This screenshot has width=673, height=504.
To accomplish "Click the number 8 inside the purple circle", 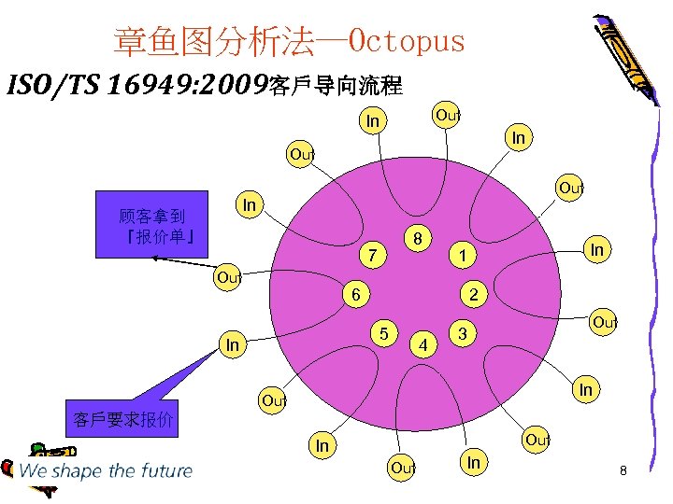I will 422,239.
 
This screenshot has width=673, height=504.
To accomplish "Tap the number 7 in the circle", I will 372,254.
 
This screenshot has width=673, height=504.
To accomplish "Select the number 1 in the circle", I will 461,255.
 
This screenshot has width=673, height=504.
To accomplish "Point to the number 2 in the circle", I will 474,294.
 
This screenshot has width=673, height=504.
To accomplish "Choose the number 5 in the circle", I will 384,332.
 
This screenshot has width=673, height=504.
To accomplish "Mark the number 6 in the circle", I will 356,293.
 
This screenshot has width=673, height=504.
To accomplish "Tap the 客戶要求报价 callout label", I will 123,419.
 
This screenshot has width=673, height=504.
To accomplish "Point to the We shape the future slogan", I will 105,470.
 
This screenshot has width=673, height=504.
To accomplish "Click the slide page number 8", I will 623,471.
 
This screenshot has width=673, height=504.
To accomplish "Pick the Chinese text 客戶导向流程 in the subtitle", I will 335,87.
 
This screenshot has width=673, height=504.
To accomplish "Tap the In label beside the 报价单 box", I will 250,204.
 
